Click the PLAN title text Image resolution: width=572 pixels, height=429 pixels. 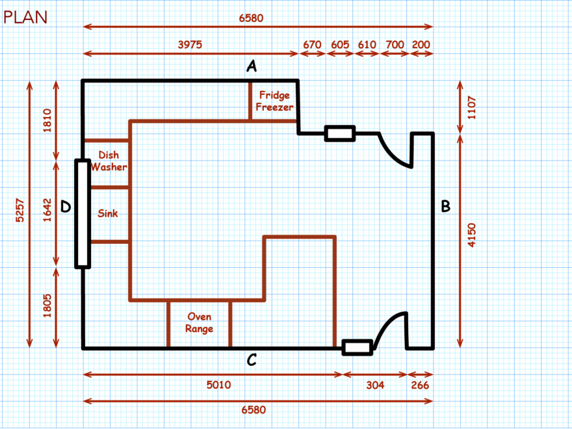25,17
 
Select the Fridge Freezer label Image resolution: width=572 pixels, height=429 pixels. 274,101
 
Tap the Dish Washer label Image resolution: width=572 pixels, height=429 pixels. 109,161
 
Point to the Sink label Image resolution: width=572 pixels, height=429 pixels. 108,213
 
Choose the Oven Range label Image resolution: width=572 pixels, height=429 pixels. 200,322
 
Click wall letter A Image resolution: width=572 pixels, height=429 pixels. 252,65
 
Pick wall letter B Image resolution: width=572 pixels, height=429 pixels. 446,207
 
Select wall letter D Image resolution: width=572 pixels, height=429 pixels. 66,207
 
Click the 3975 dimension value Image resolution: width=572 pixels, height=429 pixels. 190,45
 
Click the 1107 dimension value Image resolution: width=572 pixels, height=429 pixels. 472,106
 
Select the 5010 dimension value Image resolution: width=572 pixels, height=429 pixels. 218,385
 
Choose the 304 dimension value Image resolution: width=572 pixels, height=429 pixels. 375,385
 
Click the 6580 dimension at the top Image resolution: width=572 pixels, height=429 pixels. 252,18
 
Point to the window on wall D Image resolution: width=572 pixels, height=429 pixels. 82,213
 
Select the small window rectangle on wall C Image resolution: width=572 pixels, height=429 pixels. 357,347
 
